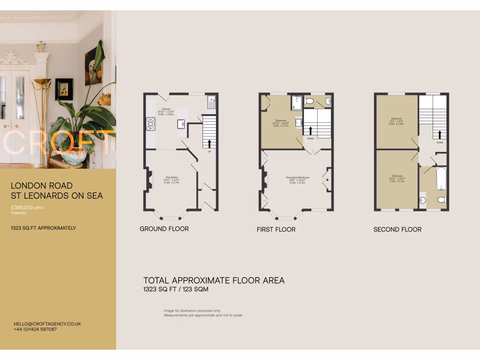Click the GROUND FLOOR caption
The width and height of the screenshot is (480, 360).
[x=164, y=229]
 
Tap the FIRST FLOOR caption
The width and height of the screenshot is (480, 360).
[x=276, y=229]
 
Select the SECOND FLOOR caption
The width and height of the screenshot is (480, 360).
[x=397, y=229]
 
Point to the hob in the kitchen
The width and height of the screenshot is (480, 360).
[x=150, y=124]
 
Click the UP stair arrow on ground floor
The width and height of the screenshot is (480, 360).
[x=209, y=144]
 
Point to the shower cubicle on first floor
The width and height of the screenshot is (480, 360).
[x=296, y=102]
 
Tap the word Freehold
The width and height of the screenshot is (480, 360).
[x=19, y=213]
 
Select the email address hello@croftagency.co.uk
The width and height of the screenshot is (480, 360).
[x=47, y=324]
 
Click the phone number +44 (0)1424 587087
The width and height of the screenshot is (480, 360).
[x=35, y=330]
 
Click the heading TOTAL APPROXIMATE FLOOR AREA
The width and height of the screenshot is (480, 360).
[x=214, y=280]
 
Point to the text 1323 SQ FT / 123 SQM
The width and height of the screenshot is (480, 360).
[x=176, y=290]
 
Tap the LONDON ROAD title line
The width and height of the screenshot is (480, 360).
[x=42, y=186]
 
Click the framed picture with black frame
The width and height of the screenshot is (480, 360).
[x=64, y=89]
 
